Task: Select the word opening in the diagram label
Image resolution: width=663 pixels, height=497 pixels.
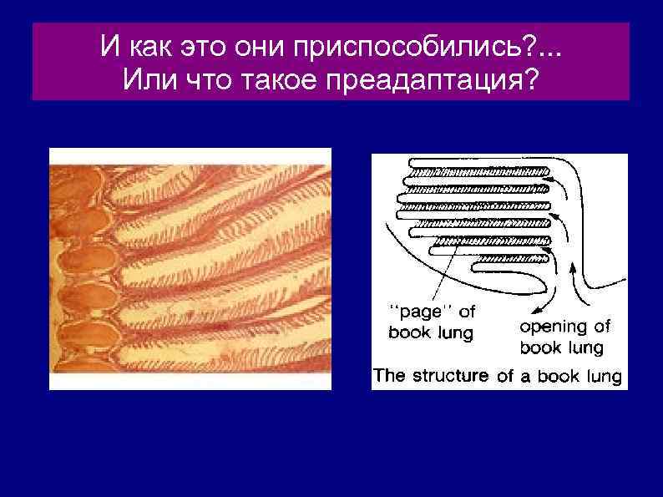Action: point(551,327)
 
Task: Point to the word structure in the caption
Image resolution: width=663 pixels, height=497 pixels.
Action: point(450,375)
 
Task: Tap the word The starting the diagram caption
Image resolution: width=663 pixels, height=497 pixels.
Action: point(390,375)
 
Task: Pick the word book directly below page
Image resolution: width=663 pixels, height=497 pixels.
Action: point(409,332)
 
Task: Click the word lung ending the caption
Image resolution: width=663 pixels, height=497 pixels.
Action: point(601,376)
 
